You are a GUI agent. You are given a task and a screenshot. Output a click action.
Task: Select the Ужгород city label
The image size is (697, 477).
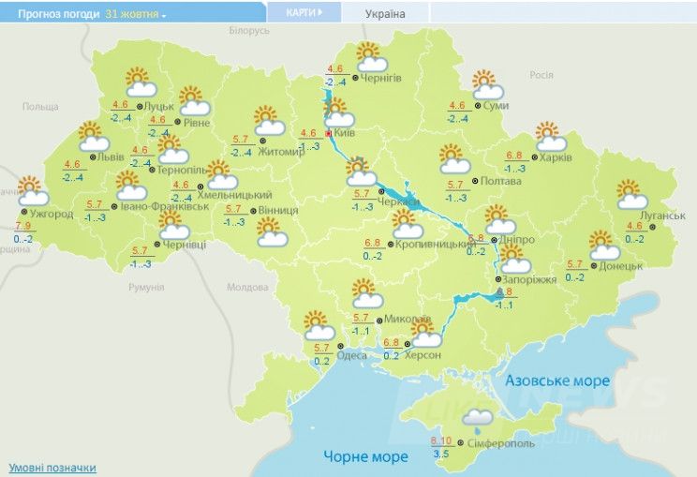click(x=52, y=215)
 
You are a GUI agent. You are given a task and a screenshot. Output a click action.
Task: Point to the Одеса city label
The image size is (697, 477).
click(x=352, y=355)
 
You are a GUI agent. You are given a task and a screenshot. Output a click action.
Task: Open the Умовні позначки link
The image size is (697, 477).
click(x=52, y=467)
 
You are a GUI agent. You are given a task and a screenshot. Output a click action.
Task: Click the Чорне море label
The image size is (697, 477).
click(x=366, y=457)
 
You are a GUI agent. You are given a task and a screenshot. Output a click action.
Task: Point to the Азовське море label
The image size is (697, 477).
click(x=557, y=381)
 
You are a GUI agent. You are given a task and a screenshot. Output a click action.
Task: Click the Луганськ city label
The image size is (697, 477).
click(x=665, y=216)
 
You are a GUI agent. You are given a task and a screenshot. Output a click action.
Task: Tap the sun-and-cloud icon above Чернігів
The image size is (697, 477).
click(x=369, y=57)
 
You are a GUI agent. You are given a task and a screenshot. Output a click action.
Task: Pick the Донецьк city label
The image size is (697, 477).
click(x=621, y=266)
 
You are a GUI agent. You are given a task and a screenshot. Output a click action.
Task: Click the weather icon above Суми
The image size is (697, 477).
click(x=487, y=85)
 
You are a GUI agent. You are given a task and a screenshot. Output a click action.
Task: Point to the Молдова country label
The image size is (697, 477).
click(x=248, y=287)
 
